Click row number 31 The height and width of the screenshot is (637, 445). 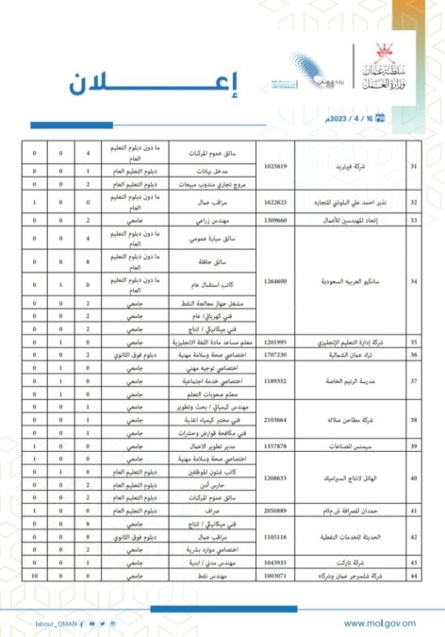(x=411, y=164)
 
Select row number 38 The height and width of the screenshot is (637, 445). (x=411, y=423)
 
